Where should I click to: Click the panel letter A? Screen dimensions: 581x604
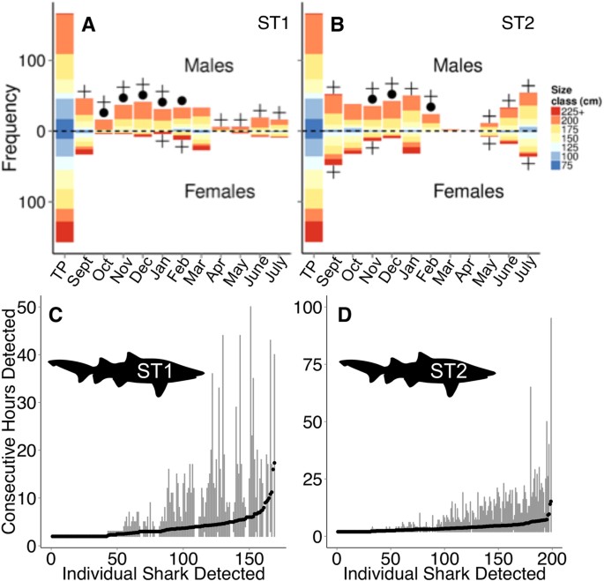pyautogui.click(x=88, y=26)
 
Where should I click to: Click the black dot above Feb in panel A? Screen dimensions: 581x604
pyautogui.click(x=182, y=101)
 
